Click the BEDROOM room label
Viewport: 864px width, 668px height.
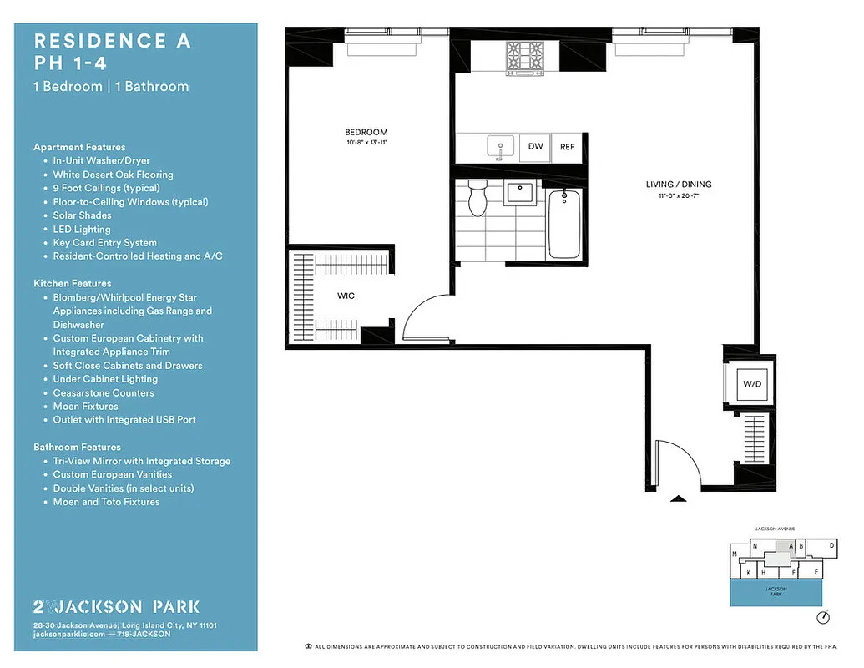(366, 132)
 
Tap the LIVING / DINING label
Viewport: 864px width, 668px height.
(678, 185)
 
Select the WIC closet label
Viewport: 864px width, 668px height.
(347, 296)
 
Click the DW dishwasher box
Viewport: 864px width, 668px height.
(535, 147)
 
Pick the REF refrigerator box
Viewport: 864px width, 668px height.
(568, 147)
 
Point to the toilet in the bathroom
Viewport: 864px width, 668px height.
(477, 197)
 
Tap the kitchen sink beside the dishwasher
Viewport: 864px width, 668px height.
(502, 147)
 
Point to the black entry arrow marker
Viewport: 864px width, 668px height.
(679, 498)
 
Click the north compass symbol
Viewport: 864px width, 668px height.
(824, 618)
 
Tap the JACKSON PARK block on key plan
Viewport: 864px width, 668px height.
(776, 593)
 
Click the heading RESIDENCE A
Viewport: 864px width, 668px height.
(112, 41)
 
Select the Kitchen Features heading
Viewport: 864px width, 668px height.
(72, 284)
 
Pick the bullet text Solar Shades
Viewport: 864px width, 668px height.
(82, 215)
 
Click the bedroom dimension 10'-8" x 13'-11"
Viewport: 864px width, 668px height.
(366, 143)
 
